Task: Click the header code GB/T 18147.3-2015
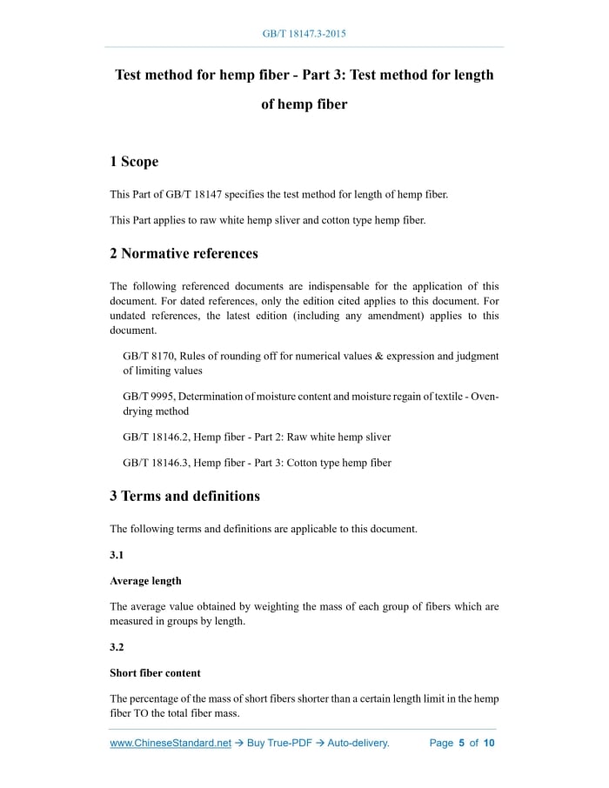point(304,34)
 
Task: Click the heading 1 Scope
point(134,162)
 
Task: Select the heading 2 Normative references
point(184,254)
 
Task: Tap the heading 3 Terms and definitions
point(184,496)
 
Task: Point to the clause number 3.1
point(117,554)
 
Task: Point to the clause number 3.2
point(117,646)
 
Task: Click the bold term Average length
point(145,580)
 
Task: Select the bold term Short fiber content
point(155,672)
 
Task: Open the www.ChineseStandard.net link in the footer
point(171,743)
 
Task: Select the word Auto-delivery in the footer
point(358,743)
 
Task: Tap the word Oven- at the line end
point(485,397)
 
